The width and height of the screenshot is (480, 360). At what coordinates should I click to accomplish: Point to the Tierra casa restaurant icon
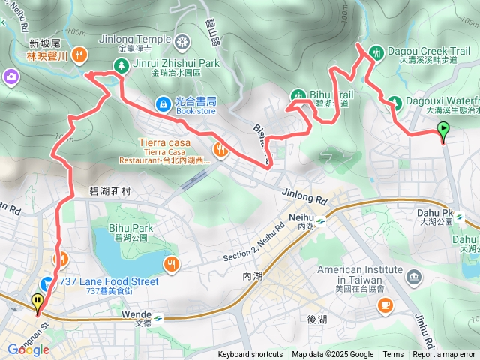coord(220,148)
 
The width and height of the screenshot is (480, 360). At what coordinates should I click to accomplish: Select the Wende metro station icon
coord(158,315)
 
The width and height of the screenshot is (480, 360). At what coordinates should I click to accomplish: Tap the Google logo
coord(28,349)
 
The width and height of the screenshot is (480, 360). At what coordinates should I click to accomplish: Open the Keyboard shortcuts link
coord(250,355)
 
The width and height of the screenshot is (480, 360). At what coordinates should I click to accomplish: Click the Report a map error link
coord(444,355)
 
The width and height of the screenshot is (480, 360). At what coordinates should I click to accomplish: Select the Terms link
coord(393,355)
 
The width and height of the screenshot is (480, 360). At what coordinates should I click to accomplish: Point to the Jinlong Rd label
coord(304,198)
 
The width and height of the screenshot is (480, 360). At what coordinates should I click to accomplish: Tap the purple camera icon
coord(11,76)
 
